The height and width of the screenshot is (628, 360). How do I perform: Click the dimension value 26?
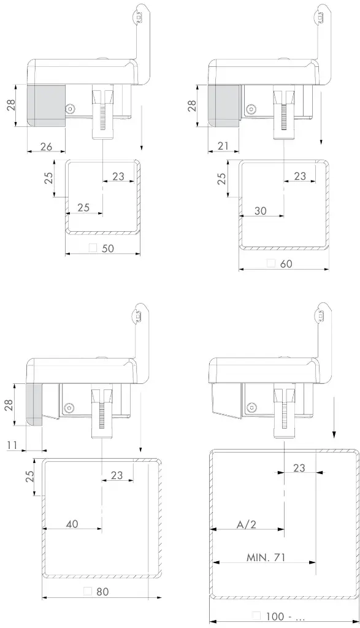click(x=46, y=147)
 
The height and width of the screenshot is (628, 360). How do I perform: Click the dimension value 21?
click(x=223, y=146)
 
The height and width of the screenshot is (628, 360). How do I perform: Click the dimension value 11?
click(x=12, y=445)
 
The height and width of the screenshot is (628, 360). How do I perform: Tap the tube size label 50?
click(x=108, y=248)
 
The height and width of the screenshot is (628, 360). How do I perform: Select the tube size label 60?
click(x=286, y=264)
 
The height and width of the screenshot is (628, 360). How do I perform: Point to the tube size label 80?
click(x=102, y=591)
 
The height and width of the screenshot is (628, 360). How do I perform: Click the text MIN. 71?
click(x=266, y=557)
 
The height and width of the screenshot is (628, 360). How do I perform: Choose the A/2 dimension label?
click(x=246, y=524)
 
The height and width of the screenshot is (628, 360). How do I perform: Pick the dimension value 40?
click(x=72, y=524)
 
